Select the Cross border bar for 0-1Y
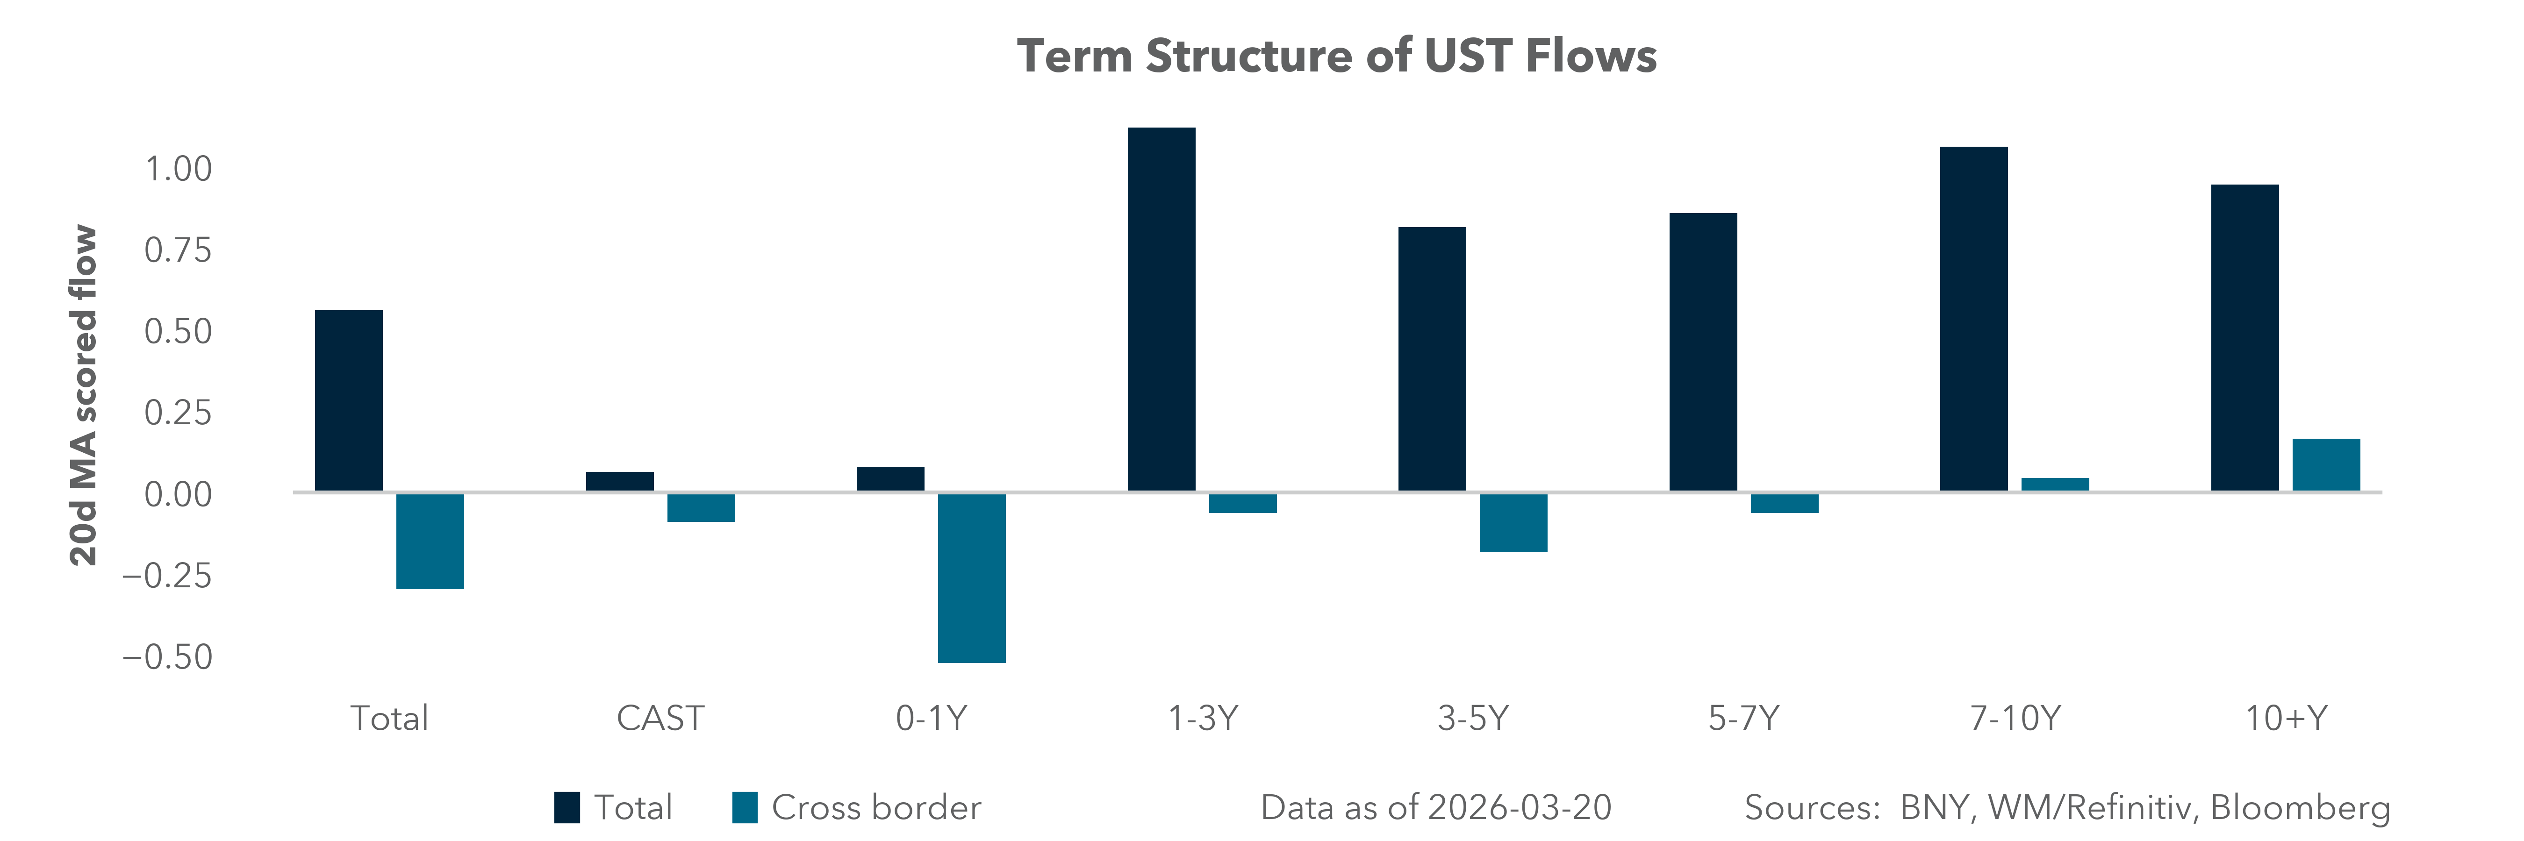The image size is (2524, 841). tap(971, 577)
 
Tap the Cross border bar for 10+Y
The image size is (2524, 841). tap(2326, 465)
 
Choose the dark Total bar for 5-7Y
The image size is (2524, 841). tap(1703, 352)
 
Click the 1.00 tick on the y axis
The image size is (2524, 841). tap(179, 170)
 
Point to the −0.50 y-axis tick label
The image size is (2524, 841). tap(166, 657)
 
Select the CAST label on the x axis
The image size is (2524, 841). tap(660, 719)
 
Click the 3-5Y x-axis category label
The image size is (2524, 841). tap(1473, 719)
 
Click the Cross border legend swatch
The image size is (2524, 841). tap(745, 808)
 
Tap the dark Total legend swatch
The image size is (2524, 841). tap(566, 808)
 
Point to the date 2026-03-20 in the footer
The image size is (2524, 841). tap(1519, 808)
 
